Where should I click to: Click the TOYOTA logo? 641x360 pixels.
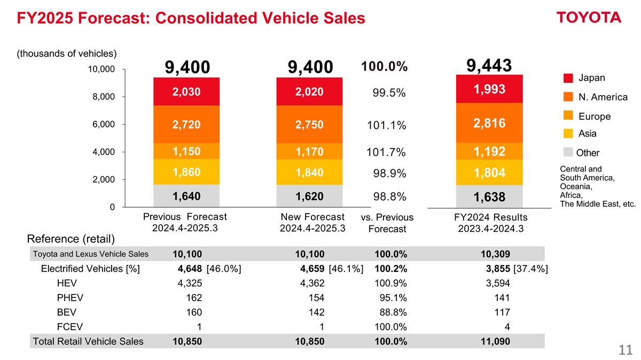tap(589, 18)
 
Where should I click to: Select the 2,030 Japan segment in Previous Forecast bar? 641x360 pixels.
tap(186, 92)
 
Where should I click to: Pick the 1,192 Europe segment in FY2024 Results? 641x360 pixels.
tap(489, 152)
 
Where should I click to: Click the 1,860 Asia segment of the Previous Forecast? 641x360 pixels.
tap(186, 173)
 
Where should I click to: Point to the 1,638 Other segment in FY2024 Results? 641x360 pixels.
tap(489, 198)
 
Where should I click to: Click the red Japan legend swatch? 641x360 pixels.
tap(568, 79)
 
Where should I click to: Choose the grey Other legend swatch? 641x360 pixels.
tap(568, 152)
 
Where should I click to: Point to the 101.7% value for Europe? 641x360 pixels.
tap(386, 153)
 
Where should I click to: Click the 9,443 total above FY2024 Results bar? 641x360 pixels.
tap(489, 65)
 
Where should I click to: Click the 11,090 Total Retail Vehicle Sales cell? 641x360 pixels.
tap(495, 342)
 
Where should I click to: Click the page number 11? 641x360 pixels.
tap(626, 350)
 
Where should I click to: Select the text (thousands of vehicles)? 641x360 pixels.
tap(67, 53)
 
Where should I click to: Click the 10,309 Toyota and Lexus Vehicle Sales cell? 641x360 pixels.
tap(495, 254)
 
